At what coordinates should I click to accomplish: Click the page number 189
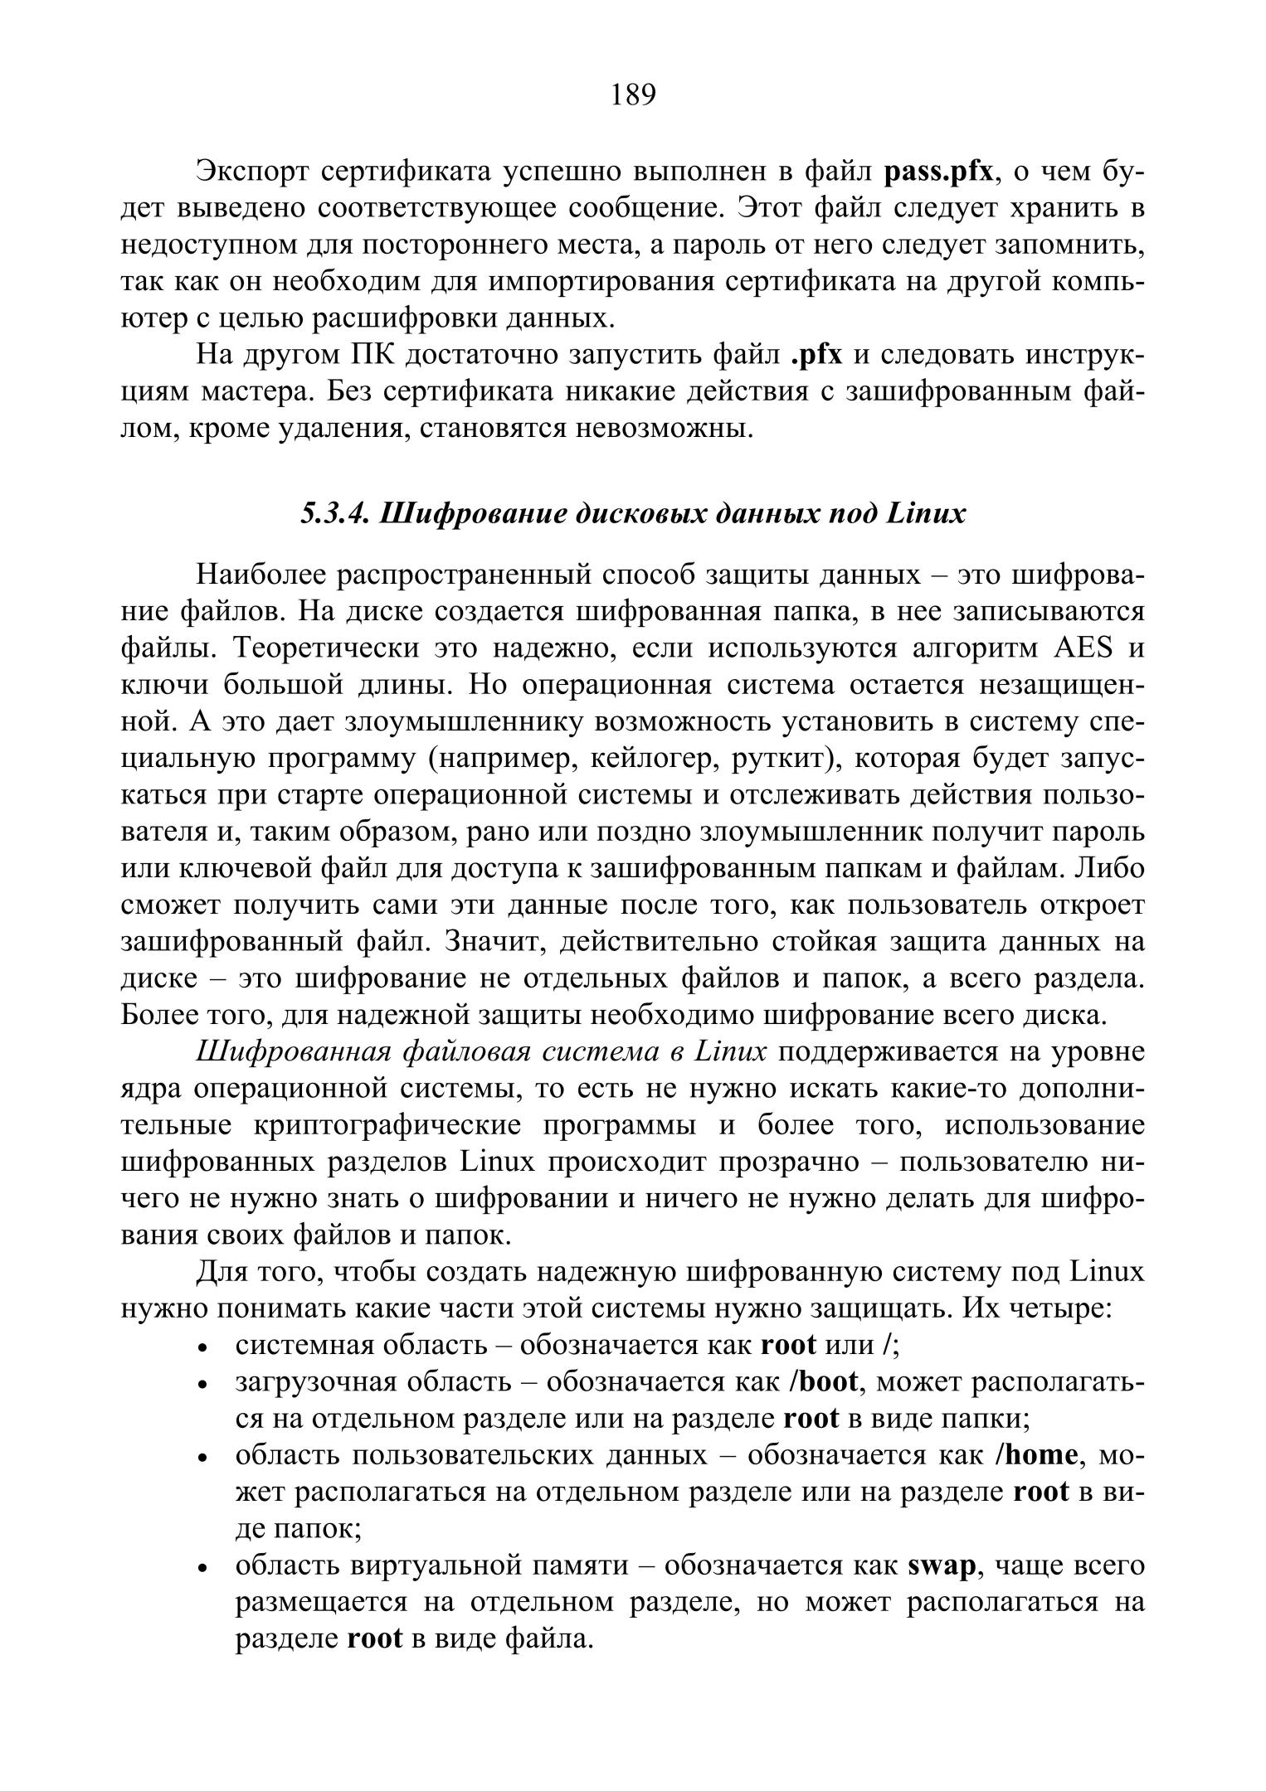click(633, 95)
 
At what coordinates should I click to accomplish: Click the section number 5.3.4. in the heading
click(334, 514)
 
